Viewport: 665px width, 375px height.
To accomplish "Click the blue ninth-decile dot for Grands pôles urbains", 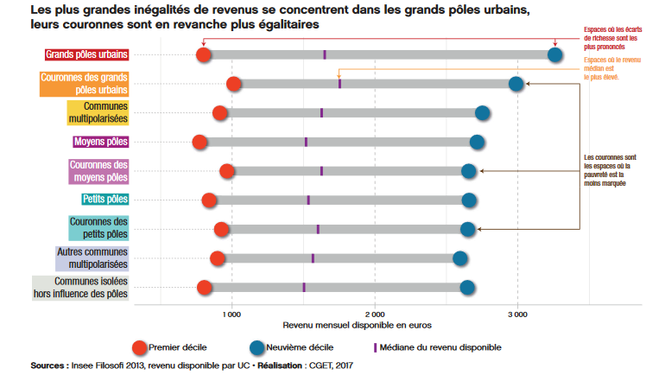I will (x=555, y=55).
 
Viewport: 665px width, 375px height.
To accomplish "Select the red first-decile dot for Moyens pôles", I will (x=200, y=142).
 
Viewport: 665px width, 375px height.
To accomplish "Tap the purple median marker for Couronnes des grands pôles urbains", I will (x=339, y=84).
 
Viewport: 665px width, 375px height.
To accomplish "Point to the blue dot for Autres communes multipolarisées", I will (x=460, y=258).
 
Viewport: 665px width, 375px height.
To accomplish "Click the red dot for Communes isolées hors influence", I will (x=205, y=288).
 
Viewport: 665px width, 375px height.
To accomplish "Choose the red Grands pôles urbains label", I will (x=86, y=55).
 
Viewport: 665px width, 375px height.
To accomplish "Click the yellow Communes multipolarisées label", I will (x=98, y=112).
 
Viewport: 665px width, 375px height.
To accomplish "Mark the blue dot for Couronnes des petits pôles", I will (x=468, y=229).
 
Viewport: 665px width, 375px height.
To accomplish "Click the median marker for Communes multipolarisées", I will (x=321, y=113).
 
